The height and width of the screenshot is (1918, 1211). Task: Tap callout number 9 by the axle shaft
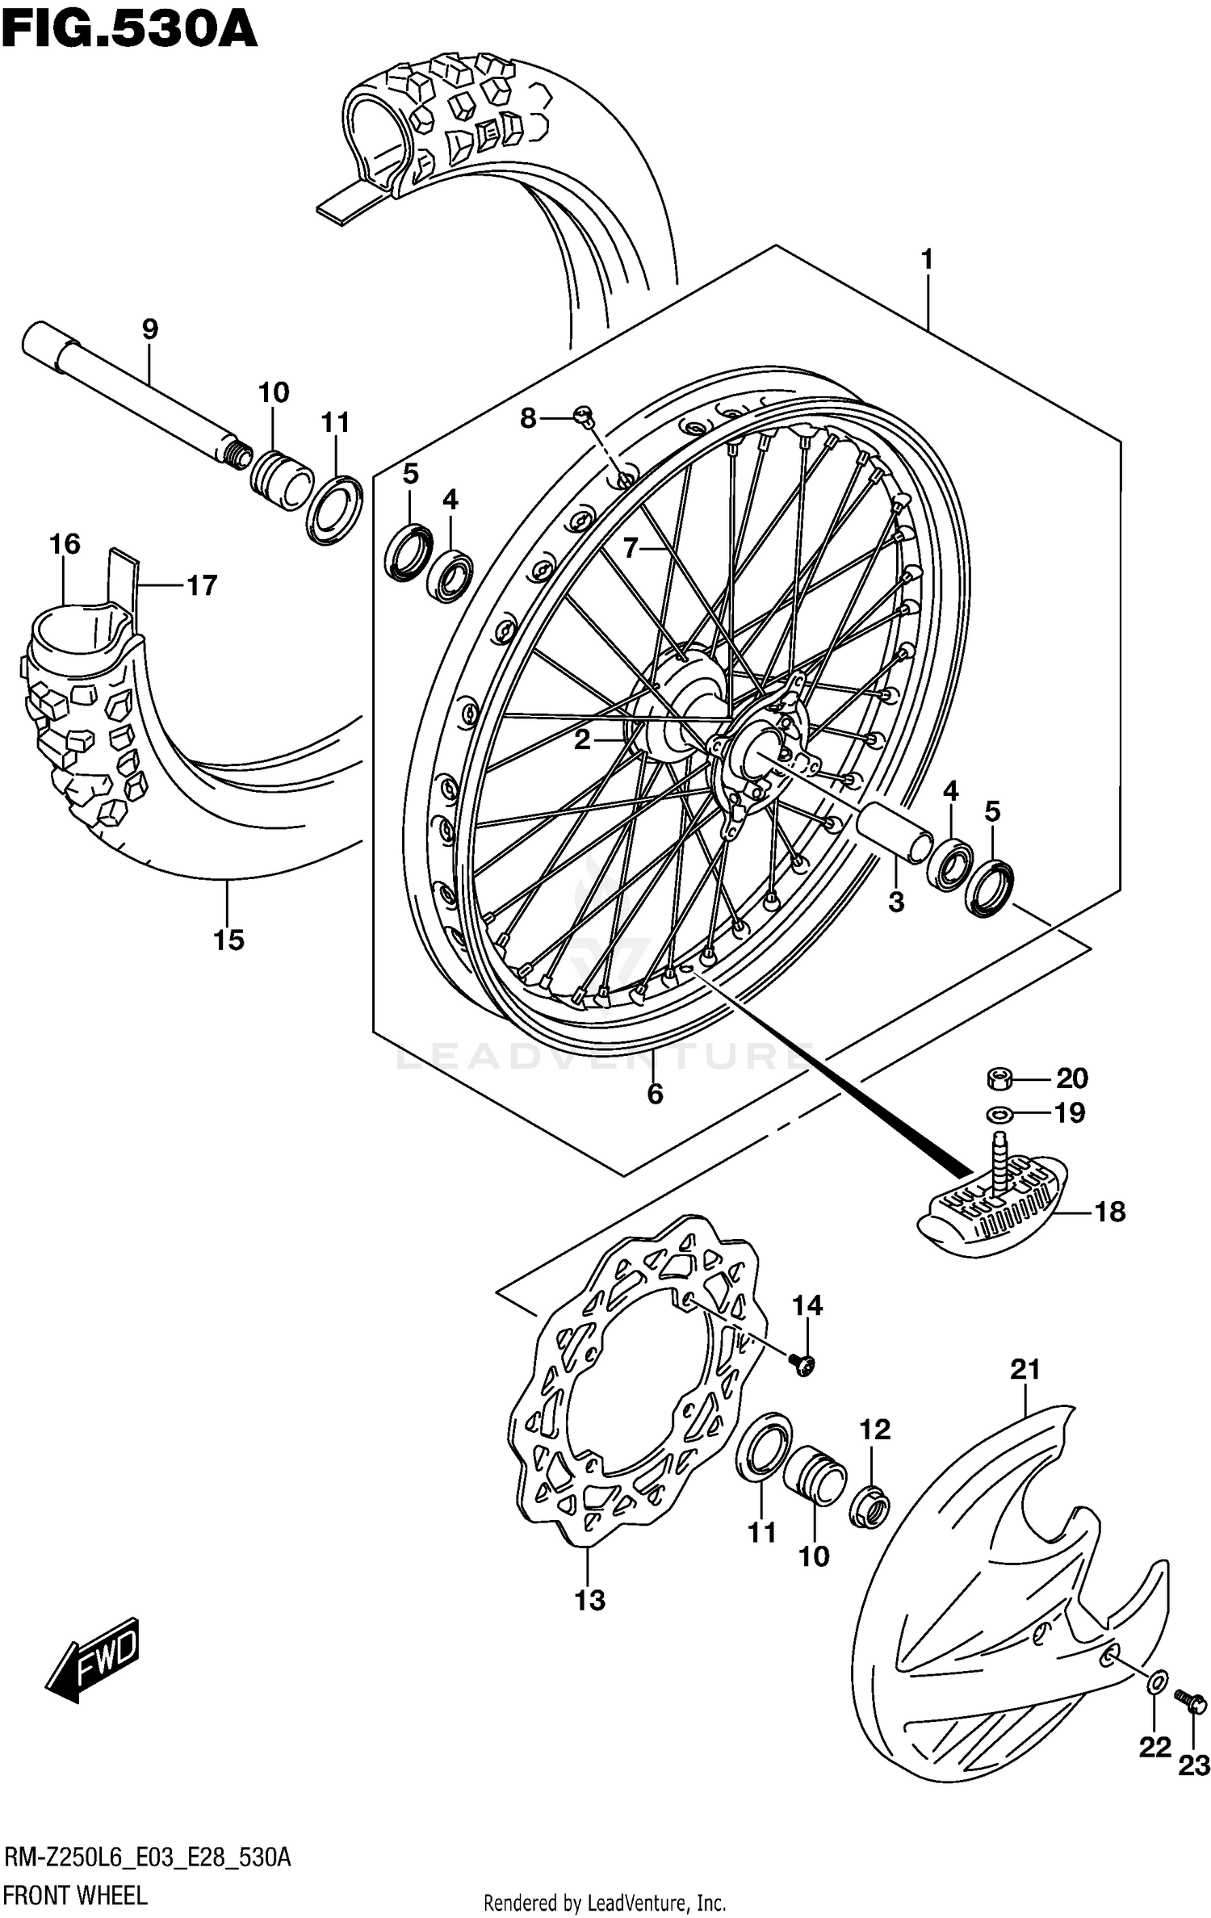pyautogui.click(x=149, y=329)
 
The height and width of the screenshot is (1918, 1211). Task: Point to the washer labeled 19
pyautogui.click(x=999, y=1114)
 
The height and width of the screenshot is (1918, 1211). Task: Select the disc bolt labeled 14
pyautogui.click(x=803, y=1363)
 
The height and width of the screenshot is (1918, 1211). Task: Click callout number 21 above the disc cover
pyautogui.click(x=1025, y=1369)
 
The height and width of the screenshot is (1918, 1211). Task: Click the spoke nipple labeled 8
pyautogui.click(x=583, y=416)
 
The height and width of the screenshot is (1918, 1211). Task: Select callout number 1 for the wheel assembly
pyautogui.click(x=927, y=260)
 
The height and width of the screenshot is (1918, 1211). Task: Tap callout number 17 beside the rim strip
pyautogui.click(x=202, y=585)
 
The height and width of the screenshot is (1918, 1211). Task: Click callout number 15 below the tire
pyautogui.click(x=228, y=940)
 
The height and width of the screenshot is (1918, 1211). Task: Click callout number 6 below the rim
pyautogui.click(x=655, y=1094)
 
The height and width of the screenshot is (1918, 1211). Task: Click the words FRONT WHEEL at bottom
pyautogui.click(x=75, y=1895)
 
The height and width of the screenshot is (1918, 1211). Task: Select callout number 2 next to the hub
pyautogui.click(x=582, y=739)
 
